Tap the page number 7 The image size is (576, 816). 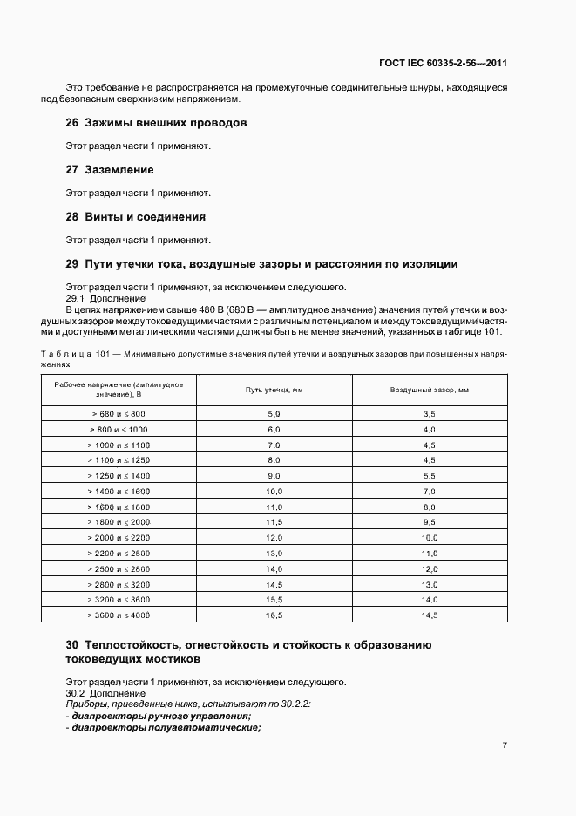click(x=505, y=745)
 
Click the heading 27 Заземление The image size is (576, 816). click(x=110, y=169)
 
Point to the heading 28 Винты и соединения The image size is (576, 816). click(x=135, y=216)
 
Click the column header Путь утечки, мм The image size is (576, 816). click(x=274, y=390)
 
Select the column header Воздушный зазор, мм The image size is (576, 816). click(x=429, y=390)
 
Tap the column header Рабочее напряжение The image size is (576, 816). click(x=119, y=390)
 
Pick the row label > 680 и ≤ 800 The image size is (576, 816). click(x=119, y=413)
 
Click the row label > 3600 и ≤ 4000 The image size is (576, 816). click(x=119, y=615)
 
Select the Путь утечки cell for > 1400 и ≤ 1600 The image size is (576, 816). click(x=274, y=492)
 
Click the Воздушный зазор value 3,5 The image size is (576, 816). click(x=429, y=413)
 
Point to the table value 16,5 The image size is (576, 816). click(x=274, y=615)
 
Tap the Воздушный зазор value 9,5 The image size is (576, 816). click(x=429, y=522)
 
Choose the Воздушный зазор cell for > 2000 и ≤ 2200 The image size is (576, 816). click(x=429, y=538)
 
